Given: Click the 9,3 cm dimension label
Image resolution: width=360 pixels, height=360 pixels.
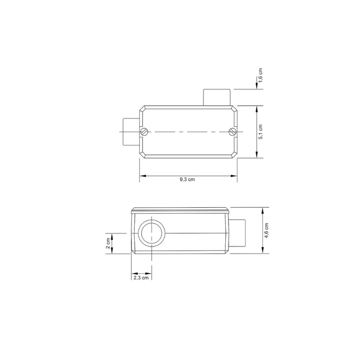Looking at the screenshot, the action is (x=187, y=179).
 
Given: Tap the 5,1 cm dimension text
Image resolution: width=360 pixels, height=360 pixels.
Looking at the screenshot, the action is (x=260, y=132).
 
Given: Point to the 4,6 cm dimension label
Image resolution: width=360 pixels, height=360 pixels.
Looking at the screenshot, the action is (x=266, y=230).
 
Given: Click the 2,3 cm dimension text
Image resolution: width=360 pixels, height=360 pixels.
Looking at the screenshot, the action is (x=141, y=278).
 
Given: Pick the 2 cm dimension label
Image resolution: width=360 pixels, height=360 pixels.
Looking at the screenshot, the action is (x=108, y=244).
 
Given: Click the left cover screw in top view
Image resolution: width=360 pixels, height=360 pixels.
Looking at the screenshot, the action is (x=143, y=132).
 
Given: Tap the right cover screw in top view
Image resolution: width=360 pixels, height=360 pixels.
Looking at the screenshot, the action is (x=232, y=132).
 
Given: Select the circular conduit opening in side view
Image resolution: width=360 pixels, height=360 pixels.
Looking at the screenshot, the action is (x=152, y=233).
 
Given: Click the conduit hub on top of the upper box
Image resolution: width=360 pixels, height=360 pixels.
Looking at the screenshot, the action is (x=217, y=97).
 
